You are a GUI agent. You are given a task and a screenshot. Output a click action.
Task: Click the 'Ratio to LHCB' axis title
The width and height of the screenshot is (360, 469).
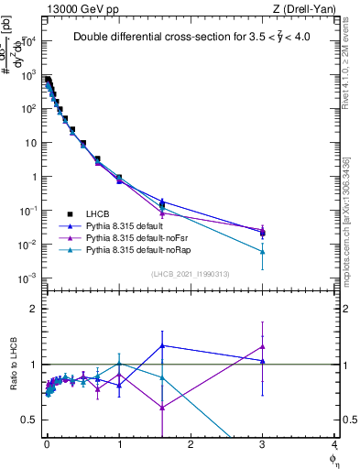[12, 365]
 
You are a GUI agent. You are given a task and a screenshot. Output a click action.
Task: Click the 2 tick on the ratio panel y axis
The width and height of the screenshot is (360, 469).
[34, 309]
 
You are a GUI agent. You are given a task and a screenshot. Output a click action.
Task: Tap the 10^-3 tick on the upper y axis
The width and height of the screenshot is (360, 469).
[28, 278]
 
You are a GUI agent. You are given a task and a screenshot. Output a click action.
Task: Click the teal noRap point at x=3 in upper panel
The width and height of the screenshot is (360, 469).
[263, 251]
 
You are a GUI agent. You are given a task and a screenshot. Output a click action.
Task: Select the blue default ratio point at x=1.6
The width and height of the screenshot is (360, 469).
[162, 345]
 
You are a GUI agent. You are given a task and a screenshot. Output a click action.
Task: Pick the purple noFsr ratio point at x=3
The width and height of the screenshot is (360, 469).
[263, 346]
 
